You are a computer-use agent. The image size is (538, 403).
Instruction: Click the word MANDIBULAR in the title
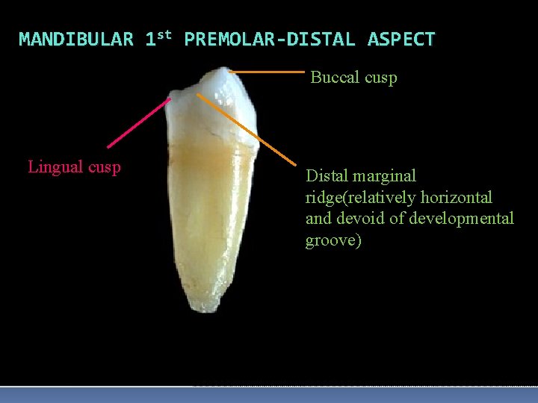click(x=75, y=40)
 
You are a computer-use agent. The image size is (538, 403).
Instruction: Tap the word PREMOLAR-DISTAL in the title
click(x=269, y=40)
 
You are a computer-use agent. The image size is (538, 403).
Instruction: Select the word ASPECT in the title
click(x=401, y=40)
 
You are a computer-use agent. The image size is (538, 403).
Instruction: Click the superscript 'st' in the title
click(x=165, y=35)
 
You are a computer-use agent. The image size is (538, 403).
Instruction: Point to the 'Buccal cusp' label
click(x=353, y=78)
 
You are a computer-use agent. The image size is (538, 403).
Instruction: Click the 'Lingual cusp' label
click(x=74, y=167)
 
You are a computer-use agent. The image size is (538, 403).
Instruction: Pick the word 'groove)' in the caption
click(x=333, y=240)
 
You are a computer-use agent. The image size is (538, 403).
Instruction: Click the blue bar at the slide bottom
click(x=269, y=395)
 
